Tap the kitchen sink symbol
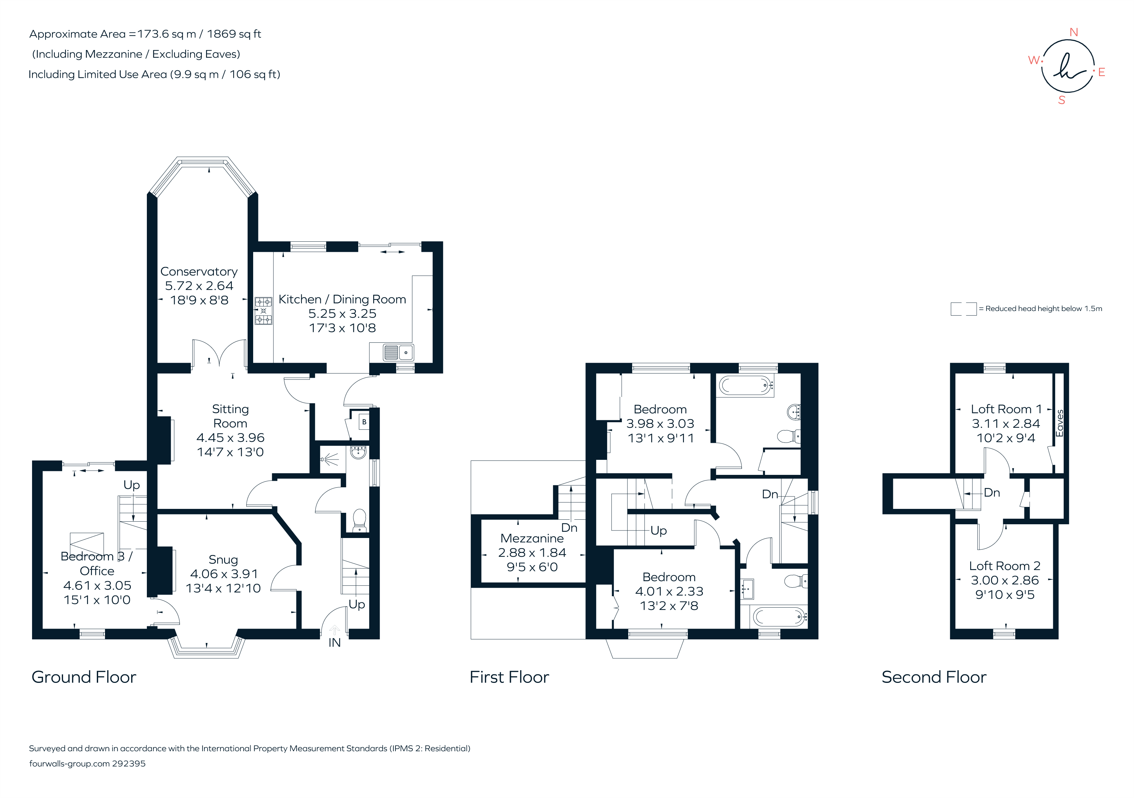(398, 353)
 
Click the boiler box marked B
(364, 422)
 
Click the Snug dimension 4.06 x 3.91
(224, 574)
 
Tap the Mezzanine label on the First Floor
(532, 538)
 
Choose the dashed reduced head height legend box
(963, 309)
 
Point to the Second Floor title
(933, 677)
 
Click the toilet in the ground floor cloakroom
(359, 520)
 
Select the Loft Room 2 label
(1004, 566)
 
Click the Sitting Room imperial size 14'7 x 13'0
(230, 452)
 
